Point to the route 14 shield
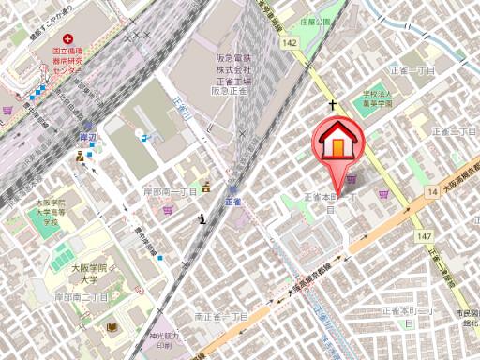(x=431, y=190)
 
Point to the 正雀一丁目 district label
(x=419, y=70)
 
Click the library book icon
(x=112, y=326)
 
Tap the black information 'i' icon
(x=202, y=219)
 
